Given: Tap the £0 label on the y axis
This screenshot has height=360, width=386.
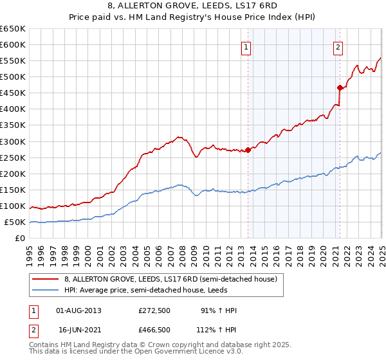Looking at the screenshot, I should point(21,239).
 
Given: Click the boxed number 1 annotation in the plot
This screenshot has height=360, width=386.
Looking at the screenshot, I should point(246,46).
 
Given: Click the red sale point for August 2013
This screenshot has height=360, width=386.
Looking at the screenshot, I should point(248,150).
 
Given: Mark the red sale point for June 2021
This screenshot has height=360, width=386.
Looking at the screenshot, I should point(340,87).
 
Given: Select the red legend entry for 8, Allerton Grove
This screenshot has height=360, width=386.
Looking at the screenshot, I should point(170,279).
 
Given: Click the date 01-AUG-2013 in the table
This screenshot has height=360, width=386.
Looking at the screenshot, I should point(79,310).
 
